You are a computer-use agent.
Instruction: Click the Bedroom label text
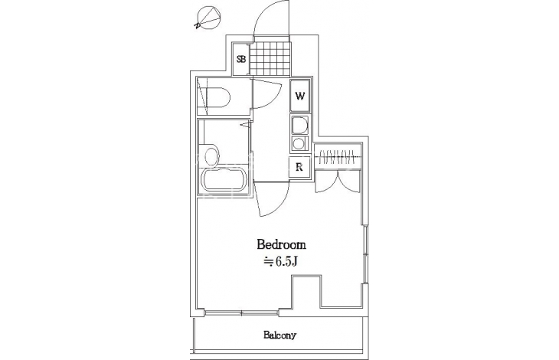click(x=281, y=245)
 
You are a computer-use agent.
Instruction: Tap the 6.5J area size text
click(x=280, y=262)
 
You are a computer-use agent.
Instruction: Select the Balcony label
click(x=279, y=335)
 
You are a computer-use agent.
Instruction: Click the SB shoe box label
click(x=242, y=59)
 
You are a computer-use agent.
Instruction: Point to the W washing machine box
click(x=300, y=96)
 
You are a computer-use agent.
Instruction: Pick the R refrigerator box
click(x=299, y=167)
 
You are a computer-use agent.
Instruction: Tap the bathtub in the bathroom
click(x=224, y=180)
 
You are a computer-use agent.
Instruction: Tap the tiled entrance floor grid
click(x=270, y=58)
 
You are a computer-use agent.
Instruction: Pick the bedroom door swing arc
click(x=272, y=200)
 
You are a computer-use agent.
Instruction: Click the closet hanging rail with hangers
click(x=338, y=155)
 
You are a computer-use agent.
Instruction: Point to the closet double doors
click(x=338, y=181)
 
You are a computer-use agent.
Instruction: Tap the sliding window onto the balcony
click(x=242, y=313)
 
